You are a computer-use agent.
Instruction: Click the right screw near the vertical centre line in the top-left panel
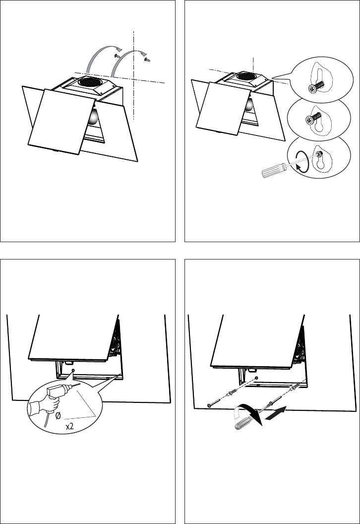pos(147,60)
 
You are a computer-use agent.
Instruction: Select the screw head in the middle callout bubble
pos(309,120)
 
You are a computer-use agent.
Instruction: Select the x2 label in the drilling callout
pos(69,427)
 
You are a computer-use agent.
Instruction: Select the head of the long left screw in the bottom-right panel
pos(209,405)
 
